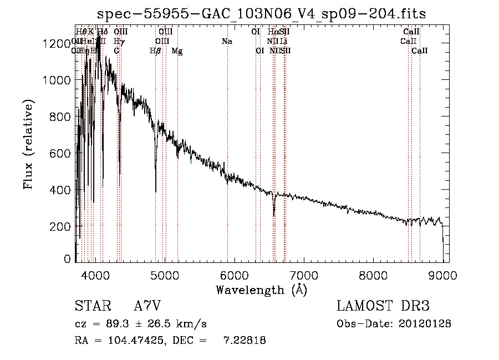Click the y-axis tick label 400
click(x=62, y=190)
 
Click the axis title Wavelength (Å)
click(x=261, y=290)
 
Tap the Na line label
click(x=227, y=42)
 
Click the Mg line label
click(x=177, y=51)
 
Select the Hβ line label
click(x=156, y=51)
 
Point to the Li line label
click(x=283, y=42)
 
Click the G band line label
click(x=116, y=51)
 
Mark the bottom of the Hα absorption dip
click(x=274, y=215)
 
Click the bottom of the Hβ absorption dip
click(x=156, y=191)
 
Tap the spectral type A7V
click(x=147, y=306)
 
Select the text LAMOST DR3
click(x=383, y=306)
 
